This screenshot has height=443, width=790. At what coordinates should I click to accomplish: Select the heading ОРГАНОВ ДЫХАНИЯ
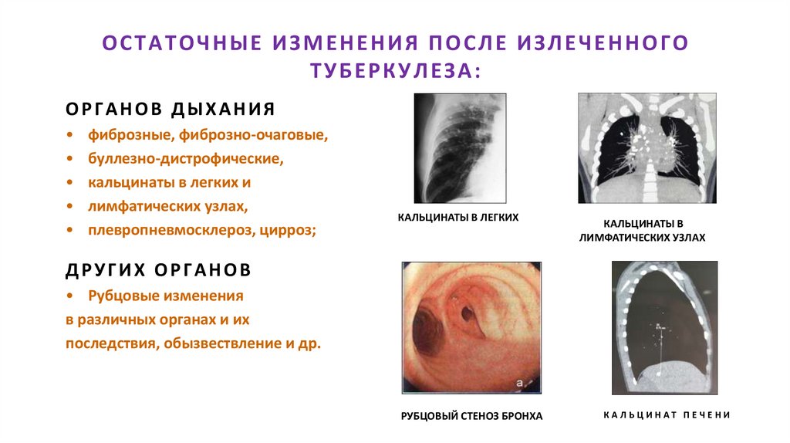click(x=170, y=109)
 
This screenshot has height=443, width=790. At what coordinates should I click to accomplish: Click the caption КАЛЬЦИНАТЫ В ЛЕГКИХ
click(x=458, y=218)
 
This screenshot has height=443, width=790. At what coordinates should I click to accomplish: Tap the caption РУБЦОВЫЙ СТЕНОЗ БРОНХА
click(x=471, y=416)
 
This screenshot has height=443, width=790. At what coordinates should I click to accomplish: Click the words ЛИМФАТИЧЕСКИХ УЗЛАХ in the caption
click(x=642, y=238)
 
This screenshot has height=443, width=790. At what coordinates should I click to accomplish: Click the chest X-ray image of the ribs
click(x=461, y=147)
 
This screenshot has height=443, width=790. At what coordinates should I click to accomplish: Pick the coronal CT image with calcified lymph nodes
click(x=647, y=147)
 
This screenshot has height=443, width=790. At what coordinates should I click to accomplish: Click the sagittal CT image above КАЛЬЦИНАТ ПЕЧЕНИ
click(x=664, y=327)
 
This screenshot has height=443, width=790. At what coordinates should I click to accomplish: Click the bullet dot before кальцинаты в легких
click(x=70, y=184)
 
